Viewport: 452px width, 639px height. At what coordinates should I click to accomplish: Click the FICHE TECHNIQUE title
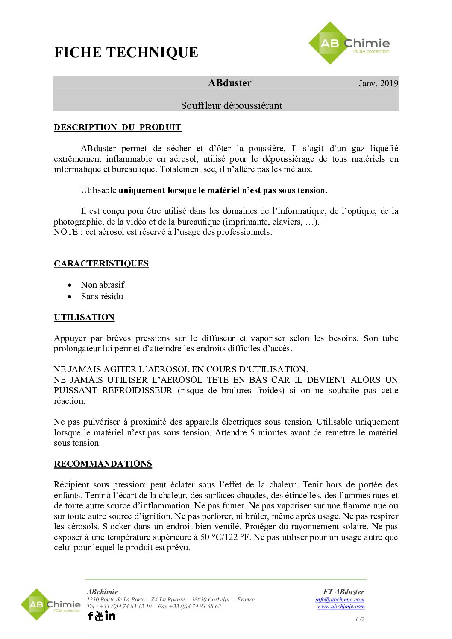(126, 53)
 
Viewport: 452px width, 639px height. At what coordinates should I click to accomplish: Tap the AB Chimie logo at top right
(349, 44)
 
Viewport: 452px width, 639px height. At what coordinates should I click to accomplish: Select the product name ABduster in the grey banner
(230, 83)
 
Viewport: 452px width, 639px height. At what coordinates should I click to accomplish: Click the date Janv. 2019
(378, 83)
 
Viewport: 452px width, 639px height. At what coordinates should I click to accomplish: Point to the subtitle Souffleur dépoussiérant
(232, 105)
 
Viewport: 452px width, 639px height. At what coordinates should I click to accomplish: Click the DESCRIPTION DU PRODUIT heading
(117, 127)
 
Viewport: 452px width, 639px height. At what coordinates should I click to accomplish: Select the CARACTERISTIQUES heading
(101, 263)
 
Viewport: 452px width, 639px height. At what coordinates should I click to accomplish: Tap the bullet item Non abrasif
(103, 285)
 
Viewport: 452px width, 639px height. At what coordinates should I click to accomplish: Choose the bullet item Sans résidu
(102, 296)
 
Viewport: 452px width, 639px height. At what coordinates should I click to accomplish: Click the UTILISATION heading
(84, 317)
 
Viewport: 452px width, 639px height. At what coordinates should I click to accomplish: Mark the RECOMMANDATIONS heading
(103, 464)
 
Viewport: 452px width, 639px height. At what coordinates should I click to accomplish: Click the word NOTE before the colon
(66, 232)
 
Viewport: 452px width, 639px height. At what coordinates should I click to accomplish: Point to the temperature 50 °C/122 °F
(225, 537)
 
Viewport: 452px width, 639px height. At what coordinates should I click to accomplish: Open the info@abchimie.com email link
(340, 599)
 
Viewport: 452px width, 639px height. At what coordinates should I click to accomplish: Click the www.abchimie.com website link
(341, 606)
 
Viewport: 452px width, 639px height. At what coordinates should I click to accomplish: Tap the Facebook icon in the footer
(91, 616)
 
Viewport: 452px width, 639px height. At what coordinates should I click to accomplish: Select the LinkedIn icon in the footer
(110, 616)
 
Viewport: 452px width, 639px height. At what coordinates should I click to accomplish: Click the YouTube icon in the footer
(100, 616)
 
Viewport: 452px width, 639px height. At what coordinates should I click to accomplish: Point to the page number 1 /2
(360, 619)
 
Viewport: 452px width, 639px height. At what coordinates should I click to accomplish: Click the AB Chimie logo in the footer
(50, 604)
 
